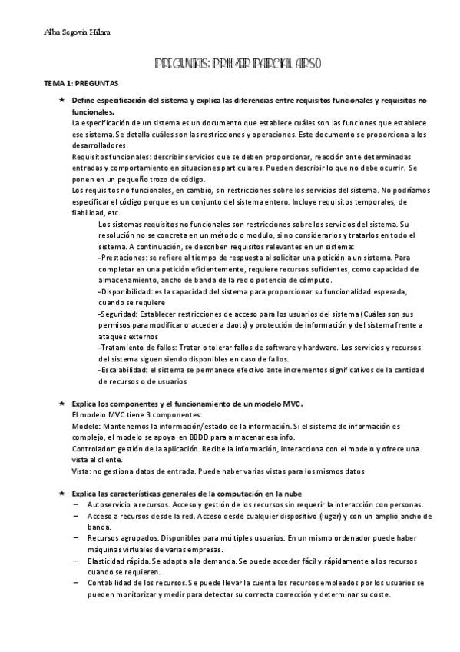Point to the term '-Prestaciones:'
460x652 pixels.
[x=124, y=258]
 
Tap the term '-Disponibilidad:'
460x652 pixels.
[x=127, y=293]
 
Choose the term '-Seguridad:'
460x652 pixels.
[x=120, y=315]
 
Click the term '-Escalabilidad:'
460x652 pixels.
[x=126, y=371]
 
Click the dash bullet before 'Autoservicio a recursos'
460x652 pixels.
[x=76, y=504]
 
